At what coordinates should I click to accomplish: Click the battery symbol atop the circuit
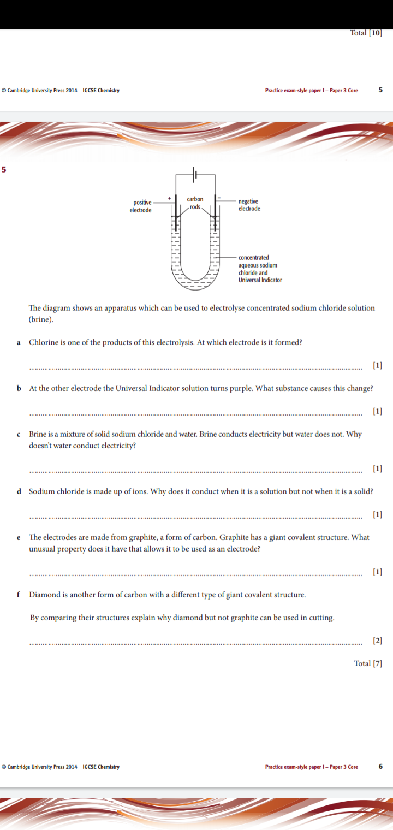pos(195,175)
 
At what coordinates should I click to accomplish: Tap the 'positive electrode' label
pos(141,206)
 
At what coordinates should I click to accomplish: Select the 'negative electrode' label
pos(249,205)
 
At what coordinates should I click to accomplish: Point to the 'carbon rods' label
pos(195,203)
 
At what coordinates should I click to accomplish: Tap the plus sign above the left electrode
pos(169,197)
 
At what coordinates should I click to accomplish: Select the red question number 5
pos(4,169)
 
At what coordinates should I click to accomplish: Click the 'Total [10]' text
pos(366,33)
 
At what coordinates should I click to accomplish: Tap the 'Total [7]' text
pos(368,663)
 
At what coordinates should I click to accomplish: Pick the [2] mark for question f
pos(377,640)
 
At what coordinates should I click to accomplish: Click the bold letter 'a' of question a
pos(19,342)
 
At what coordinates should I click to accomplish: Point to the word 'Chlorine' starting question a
pos(43,342)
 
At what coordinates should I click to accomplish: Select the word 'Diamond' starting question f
pos(44,594)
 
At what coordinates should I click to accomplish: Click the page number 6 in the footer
pos(380,767)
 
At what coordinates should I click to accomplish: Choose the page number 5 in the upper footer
pos(380,90)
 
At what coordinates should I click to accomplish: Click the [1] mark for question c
pos(377,468)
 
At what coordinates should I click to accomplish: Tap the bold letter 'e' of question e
pos(19,537)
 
